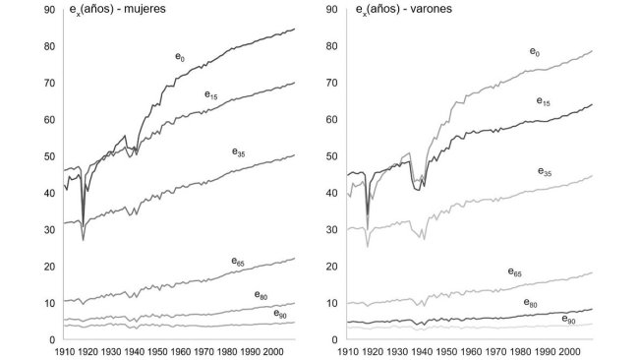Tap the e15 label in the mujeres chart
(211, 95)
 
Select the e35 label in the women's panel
(239, 152)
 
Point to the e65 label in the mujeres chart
(238, 262)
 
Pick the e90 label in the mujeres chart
(280, 314)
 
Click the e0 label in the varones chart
(535, 51)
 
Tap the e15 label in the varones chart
(543, 100)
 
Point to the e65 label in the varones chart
(514, 271)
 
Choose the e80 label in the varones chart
(530, 303)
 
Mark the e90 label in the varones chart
(568, 320)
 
